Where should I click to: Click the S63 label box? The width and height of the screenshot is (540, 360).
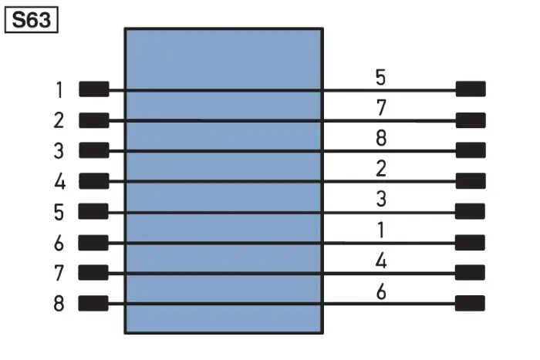(32, 20)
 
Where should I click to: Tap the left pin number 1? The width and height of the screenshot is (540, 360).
(59, 90)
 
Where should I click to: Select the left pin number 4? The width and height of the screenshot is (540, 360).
(59, 181)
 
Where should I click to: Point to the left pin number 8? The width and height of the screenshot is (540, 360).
(59, 304)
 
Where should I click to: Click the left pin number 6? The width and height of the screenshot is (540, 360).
(59, 243)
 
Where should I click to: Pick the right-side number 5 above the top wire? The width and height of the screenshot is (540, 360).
(380, 77)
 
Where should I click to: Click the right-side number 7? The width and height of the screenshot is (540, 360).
(381, 108)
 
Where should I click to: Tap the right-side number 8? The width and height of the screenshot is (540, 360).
(381, 138)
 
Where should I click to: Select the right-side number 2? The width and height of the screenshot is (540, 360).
(381, 169)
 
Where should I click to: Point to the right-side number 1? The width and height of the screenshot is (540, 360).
(381, 230)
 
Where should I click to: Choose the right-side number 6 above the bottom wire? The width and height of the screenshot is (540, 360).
(381, 292)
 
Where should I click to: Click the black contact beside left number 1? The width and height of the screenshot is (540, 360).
(94, 89)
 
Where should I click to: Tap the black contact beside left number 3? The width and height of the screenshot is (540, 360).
(94, 150)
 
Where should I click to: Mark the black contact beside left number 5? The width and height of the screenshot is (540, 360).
(93, 211)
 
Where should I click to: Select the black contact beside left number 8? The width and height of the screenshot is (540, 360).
(93, 303)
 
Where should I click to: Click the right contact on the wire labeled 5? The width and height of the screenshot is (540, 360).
(471, 89)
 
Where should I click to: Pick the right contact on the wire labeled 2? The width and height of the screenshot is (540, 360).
(471, 181)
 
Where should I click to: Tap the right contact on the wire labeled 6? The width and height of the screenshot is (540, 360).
(470, 303)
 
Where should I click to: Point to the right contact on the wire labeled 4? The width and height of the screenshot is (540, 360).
(470, 273)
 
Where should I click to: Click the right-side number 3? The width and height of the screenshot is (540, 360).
(381, 199)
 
